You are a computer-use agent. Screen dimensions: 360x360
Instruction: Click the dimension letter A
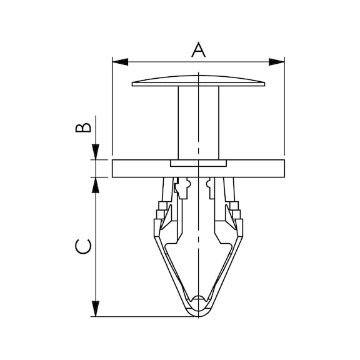199,50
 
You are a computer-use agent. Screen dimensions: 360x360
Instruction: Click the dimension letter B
83,127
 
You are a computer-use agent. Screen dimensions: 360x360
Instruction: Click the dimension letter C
83,247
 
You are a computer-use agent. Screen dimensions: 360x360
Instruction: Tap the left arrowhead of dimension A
120,62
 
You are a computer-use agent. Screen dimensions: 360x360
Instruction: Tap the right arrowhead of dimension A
276,62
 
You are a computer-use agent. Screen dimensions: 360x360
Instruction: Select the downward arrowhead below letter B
96,152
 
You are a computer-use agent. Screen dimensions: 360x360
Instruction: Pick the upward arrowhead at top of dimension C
96,185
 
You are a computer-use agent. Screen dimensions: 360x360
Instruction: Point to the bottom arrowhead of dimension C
96,309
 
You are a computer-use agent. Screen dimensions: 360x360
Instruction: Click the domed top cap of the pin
198,81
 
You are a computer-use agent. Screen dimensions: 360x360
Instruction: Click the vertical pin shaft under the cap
199,123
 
